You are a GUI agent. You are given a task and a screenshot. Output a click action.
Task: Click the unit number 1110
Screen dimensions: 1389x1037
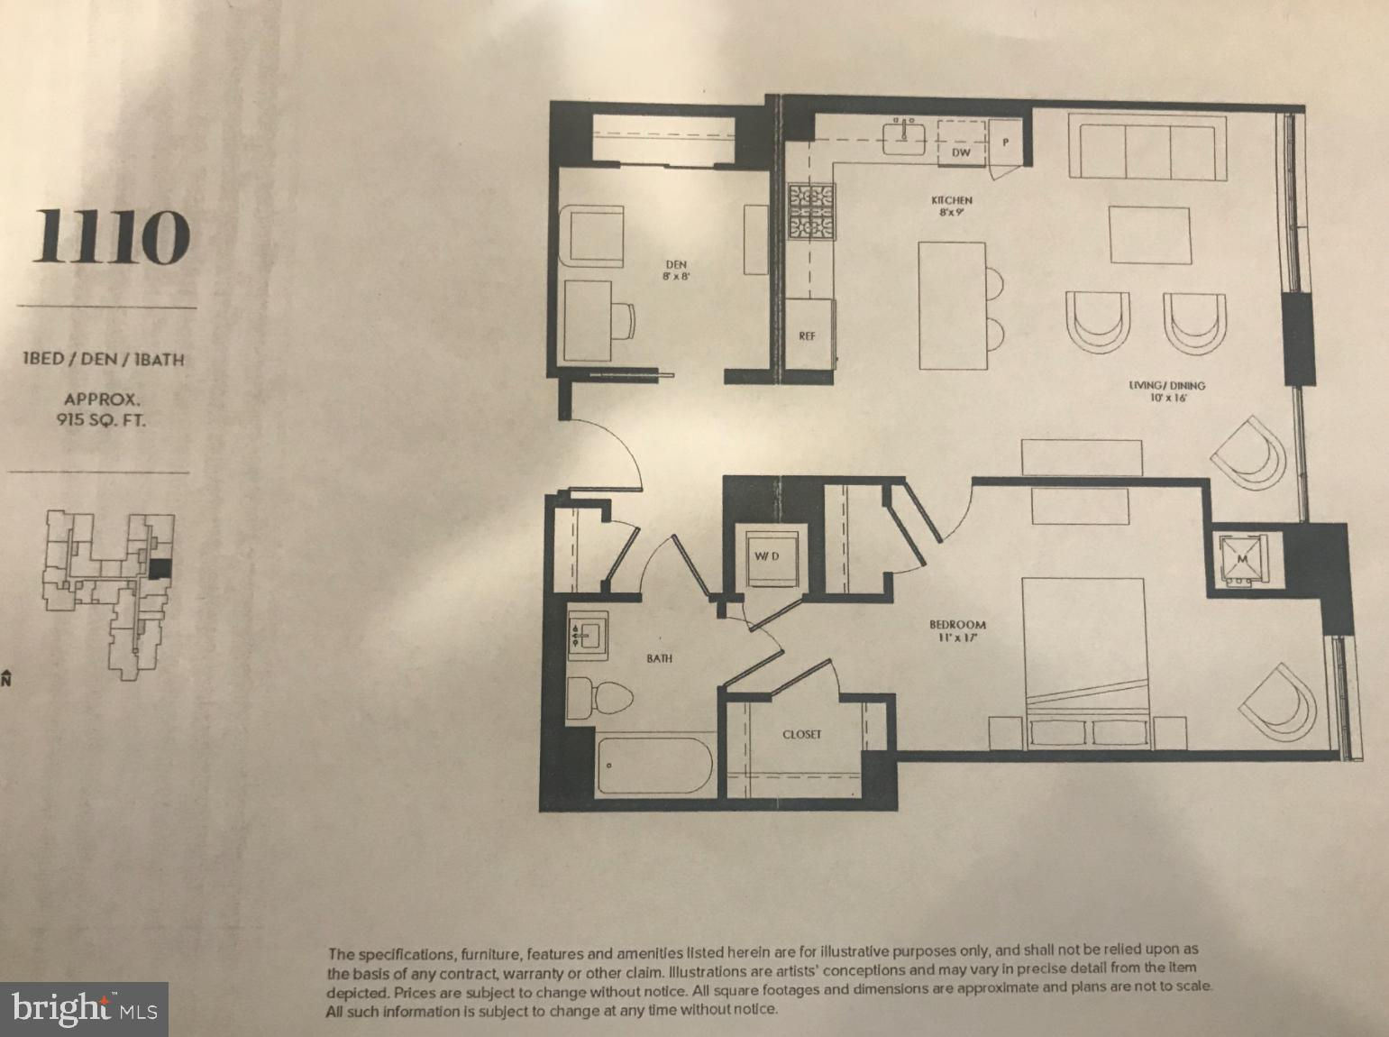tap(112, 236)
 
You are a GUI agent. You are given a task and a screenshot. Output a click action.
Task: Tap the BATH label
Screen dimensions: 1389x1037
tap(660, 658)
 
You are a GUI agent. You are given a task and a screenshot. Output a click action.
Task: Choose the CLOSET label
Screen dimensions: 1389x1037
tap(801, 734)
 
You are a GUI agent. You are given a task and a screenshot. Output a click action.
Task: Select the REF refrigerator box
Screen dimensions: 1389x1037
tap(809, 334)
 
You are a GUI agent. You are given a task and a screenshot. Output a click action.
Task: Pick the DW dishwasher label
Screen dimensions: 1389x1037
tap(961, 152)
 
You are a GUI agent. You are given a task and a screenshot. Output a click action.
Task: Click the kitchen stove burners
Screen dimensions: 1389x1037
tap(811, 211)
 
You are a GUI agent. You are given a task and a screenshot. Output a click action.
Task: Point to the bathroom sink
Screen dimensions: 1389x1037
tap(588, 635)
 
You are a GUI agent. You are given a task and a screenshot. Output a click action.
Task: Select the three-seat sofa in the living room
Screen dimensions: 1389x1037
tap(1147, 147)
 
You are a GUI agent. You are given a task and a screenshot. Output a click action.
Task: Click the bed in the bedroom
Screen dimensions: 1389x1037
tap(1084, 662)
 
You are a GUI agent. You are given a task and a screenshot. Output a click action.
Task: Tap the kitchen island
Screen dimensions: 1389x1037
tap(953, 305)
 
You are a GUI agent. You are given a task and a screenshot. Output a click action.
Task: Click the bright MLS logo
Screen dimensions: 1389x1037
tap(84, 1008)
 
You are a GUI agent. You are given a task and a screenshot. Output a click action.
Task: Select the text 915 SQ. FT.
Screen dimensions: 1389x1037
tap(101, 419)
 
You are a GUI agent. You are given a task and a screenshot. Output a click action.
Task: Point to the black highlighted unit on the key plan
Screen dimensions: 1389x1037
tap(160, 567)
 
